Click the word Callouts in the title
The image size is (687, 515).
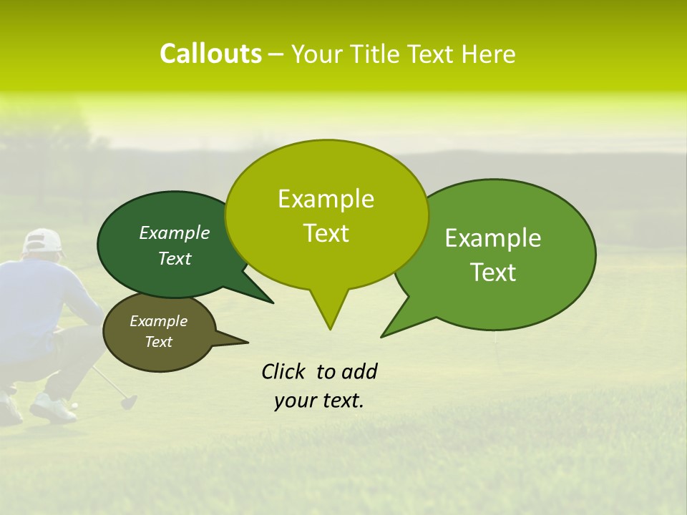[x=210, y=54]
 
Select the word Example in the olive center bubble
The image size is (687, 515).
[x=326, y=199]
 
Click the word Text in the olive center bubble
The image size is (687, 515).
[x=326, y=233]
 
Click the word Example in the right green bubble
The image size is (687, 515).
[x=493, y=238]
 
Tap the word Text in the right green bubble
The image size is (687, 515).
[x=493, y=273]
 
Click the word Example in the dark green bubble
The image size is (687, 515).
[x=175, y=232]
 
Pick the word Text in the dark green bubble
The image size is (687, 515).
[x=175, y=258]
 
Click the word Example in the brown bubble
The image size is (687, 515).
[x=158, y=321]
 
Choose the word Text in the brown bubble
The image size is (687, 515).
[x=158, y=342]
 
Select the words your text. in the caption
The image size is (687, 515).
[x=319, y=401]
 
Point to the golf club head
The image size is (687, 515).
[x=129, y=402]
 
